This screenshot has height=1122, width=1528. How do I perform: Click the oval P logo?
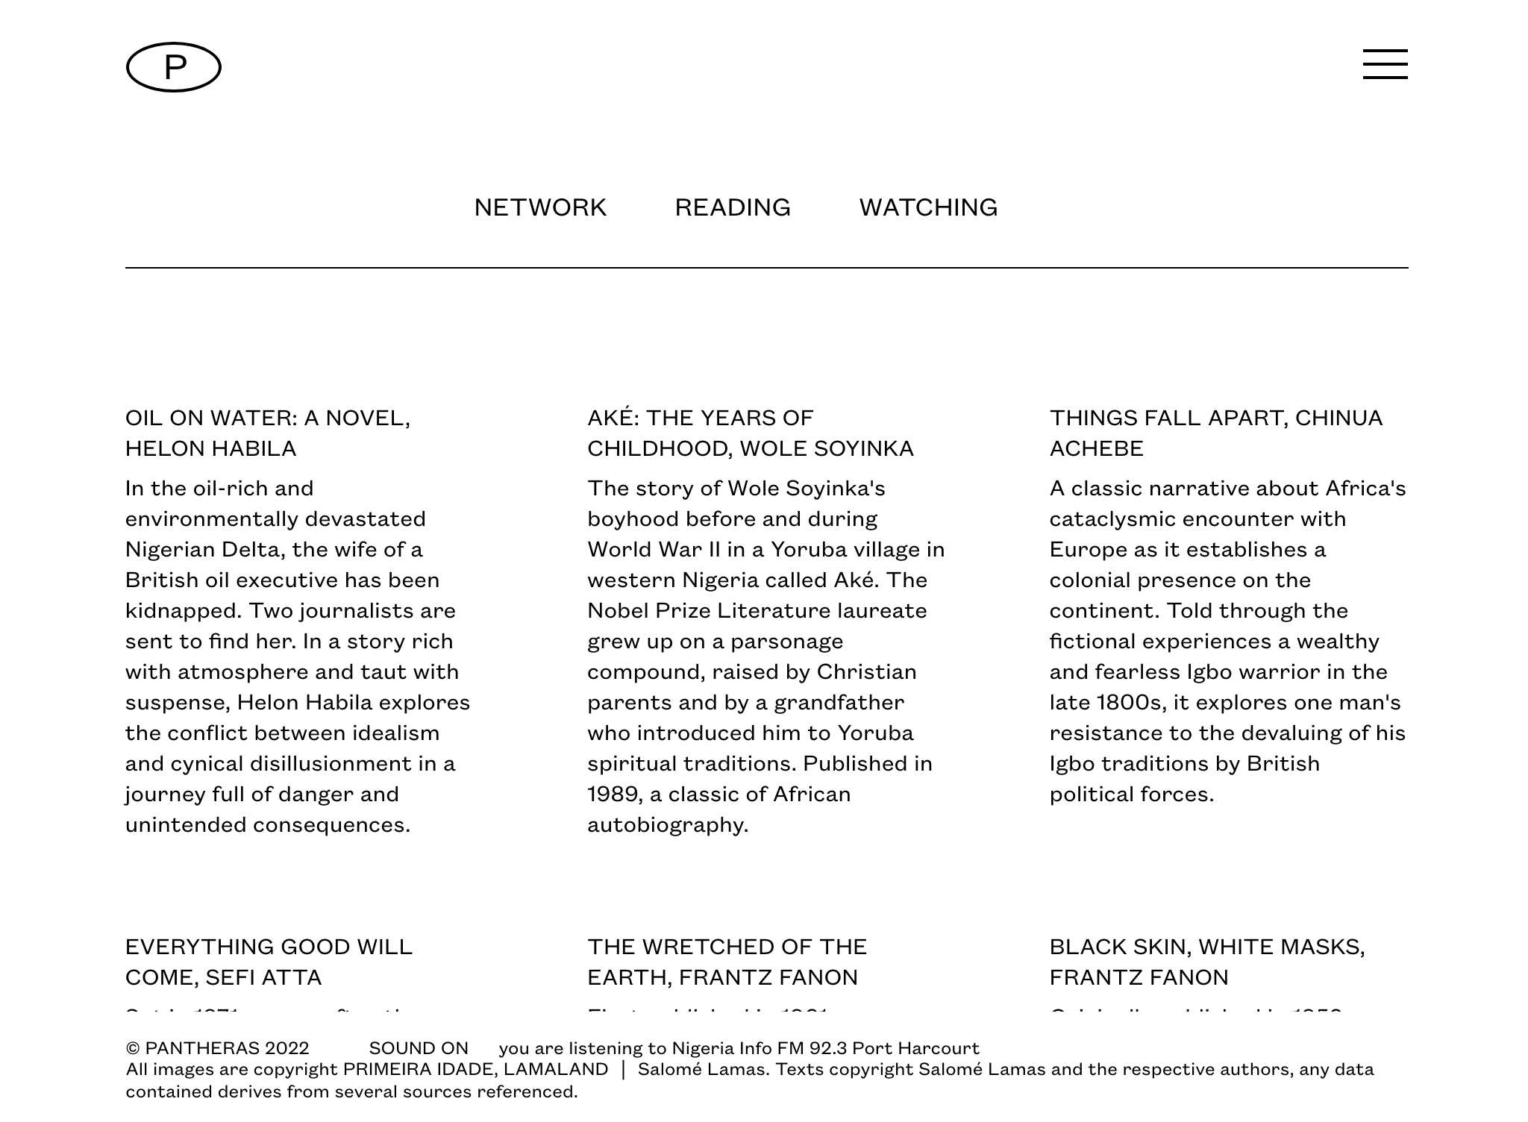coord(173,67)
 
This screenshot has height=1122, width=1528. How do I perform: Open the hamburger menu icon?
coord(1385,64)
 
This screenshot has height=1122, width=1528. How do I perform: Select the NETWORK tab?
coord(540,207)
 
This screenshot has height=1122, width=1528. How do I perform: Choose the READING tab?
coord(733,207)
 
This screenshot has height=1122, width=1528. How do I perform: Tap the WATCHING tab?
coord(928,207)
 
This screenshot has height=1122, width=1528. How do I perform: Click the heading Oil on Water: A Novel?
coord(268,433)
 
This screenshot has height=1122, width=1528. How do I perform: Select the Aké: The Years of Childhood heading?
coord(750,433)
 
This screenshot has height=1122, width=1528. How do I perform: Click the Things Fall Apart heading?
coord(1215,433)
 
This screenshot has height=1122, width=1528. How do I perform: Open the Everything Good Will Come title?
coord(269,962)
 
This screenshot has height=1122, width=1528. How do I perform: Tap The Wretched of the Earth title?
coord(727,962)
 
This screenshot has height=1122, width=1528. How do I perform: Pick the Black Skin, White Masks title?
coord(1206,962)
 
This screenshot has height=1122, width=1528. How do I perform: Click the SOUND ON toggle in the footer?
coord(419,1048)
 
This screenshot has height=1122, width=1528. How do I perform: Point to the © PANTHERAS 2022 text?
coord(217,1048)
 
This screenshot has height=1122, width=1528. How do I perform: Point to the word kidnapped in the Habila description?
coord(182,611)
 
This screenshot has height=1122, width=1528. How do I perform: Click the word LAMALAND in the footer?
coord(556,1070)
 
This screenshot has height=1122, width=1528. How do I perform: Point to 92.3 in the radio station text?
coord(827,1048)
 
